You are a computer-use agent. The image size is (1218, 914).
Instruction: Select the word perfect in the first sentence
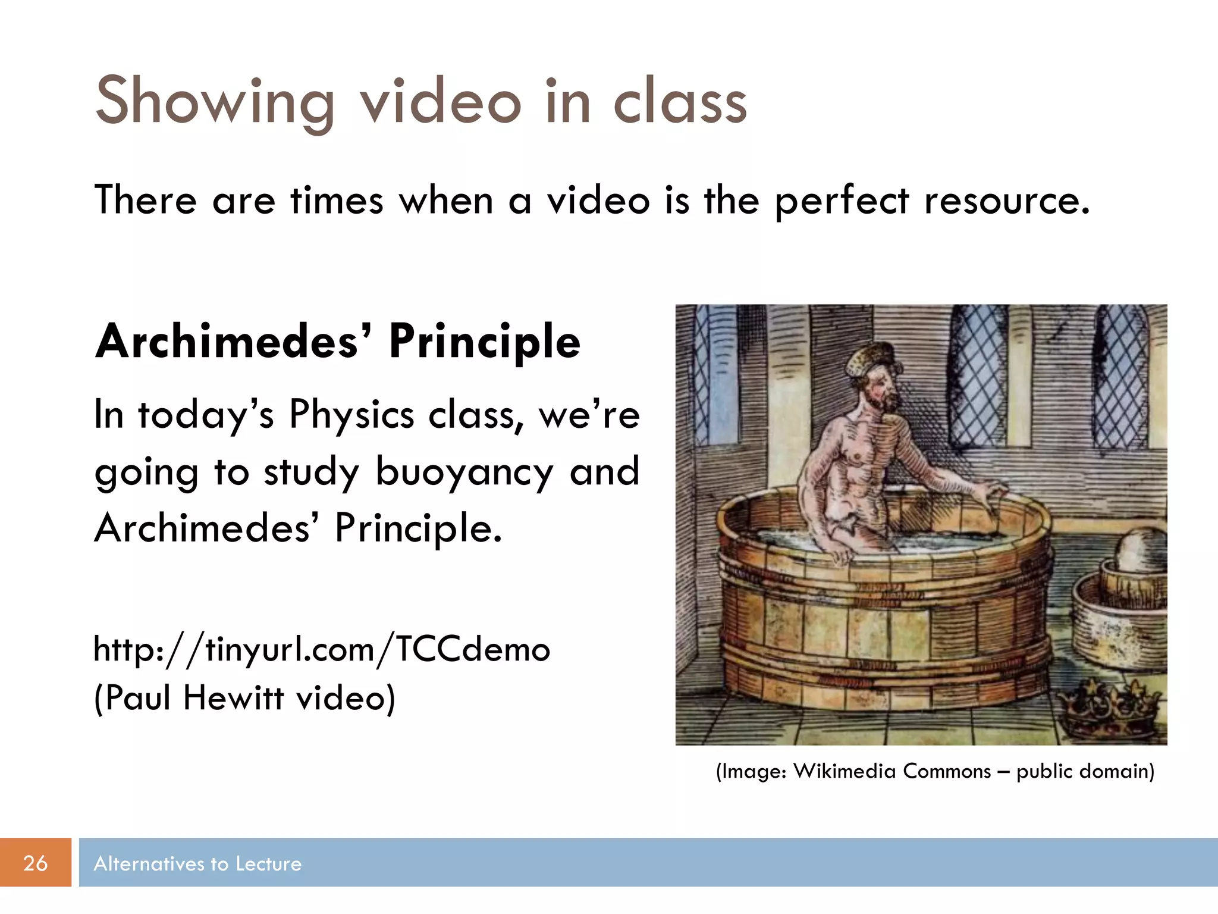pyautogui.click(x=842, y=201)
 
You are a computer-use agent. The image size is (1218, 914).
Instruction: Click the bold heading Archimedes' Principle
pyautogui.click(x=337, y=342)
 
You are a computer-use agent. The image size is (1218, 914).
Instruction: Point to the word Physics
pyautogui.click(x=351, y=414)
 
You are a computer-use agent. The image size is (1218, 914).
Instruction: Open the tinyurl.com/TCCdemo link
pyautogui.click(x=322, y=649)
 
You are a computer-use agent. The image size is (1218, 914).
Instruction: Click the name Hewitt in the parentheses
pyautogui.click(x=233, y=697)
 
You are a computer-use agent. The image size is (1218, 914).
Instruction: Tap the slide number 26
pyautogui.click(x=35, y=863)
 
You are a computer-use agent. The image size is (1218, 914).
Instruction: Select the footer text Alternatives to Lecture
pyautogui.click(x=197, y=863)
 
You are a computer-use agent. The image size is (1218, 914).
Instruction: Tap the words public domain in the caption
pyautogui.click(x=1085, y=771)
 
